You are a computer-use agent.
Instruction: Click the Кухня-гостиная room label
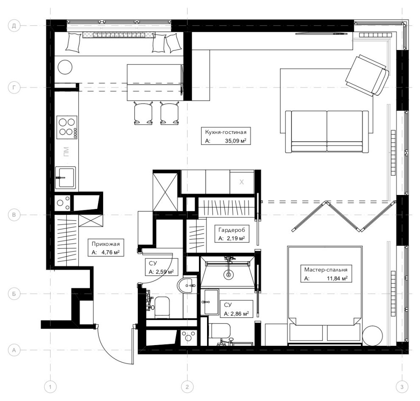[226, 137]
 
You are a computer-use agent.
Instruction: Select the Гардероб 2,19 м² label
[232, 234]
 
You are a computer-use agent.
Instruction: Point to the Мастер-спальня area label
[326, 274]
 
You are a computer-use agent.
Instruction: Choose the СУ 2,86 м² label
[235, 309]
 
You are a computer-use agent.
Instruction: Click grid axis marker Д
[14, 26]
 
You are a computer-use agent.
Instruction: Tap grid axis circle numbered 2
[187, 387]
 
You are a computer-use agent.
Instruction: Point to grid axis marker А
[14, 350]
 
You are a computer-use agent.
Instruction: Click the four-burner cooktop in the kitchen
[67, 127]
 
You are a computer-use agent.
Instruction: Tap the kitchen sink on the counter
[66, 177]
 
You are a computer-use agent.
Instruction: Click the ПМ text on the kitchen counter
[66, 151]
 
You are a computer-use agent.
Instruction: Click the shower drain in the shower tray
[228, 275]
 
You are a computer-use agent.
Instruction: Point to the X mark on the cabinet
[242, 182]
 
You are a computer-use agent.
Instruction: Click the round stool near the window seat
[66, 67]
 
